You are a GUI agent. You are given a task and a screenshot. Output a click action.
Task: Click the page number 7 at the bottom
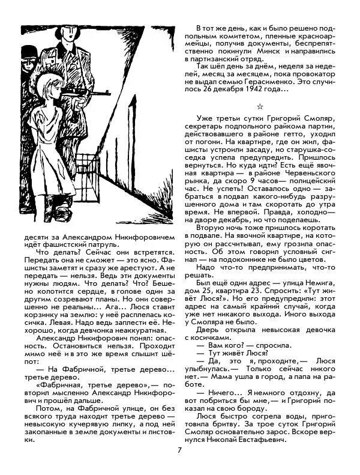pyautogui.click(x=179, y=452)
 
